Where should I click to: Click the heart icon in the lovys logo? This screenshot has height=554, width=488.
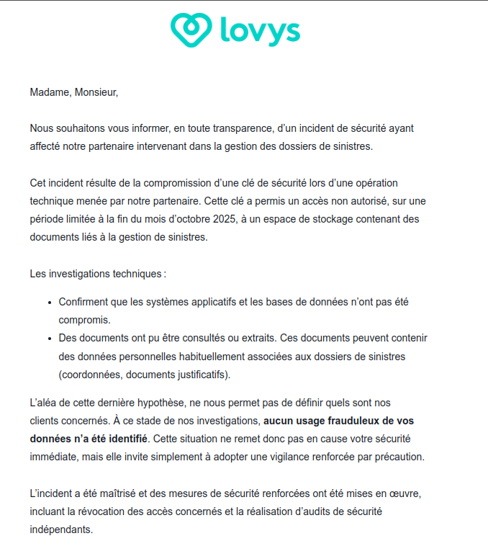point(191,30)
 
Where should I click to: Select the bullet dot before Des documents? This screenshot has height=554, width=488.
point(50,338)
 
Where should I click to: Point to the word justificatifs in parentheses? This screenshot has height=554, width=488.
point(195,375)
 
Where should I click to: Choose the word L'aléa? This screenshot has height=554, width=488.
point(45,403)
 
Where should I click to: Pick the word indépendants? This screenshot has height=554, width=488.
point(61,530)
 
